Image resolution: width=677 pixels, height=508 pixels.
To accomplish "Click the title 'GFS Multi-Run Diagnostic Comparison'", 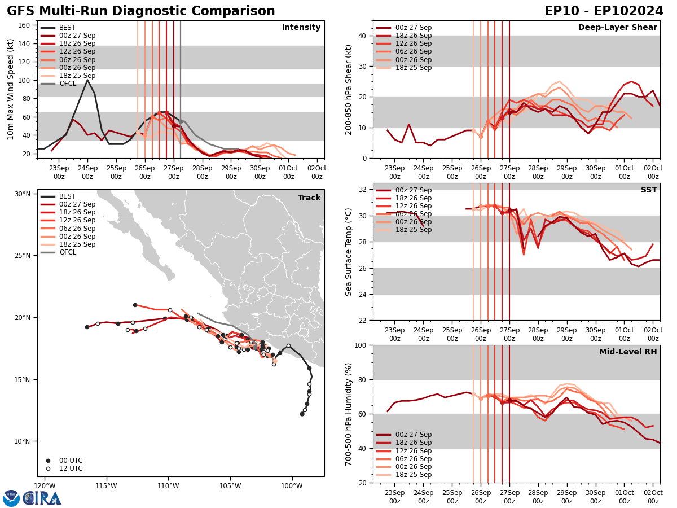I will click(x=141, y=11).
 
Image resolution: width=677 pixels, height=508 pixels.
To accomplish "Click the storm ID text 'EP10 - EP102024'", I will click(x=604, y=11).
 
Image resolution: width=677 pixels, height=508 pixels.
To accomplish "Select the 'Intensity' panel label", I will click(x=301, y=28).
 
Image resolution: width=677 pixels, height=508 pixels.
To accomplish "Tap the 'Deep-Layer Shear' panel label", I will click(x=617, y=28).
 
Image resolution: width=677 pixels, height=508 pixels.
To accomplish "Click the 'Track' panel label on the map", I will click(x=309, y=198).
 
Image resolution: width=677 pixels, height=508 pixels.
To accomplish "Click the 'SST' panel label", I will click(x=649, y=190).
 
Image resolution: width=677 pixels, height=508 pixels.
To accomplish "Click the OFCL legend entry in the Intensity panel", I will click(x=68, y=84).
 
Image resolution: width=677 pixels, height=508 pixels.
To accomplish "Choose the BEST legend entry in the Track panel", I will click(x=67, y=196).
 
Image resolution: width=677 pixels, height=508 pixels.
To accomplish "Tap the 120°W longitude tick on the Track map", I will click(x=45, y=486).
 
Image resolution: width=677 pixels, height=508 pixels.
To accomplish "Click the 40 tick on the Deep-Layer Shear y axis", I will click(x=362, y=36).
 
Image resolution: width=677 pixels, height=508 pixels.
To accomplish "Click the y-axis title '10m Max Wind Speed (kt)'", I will click(x=10, y=89).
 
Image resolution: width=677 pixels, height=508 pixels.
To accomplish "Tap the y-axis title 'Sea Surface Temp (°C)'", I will click(x=349, y=252).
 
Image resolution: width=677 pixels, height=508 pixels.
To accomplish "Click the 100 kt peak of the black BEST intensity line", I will click(x=87, y=80).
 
